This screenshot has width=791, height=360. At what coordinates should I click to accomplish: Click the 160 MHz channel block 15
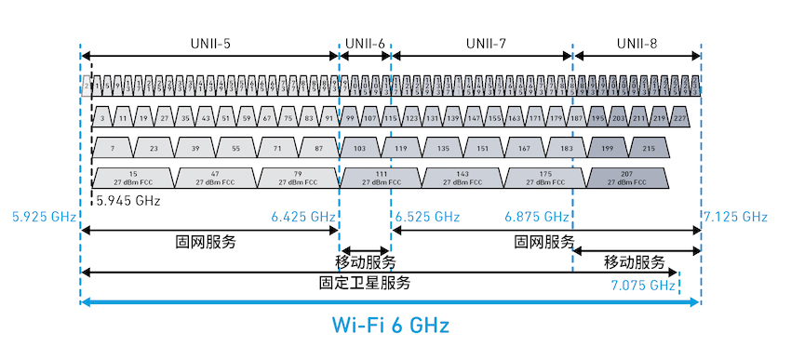tap(133, 177)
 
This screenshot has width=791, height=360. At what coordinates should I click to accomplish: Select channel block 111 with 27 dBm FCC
tap(382, 177)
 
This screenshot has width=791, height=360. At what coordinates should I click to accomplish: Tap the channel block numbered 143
tap(464, 177)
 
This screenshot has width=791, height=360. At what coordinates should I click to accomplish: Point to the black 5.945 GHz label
tap(127, 200)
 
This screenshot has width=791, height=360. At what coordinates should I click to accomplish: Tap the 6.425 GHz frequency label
tap(302, 217)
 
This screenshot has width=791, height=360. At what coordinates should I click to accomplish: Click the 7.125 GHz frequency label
tap(736, 217)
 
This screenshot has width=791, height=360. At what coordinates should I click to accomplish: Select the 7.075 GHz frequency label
tap(643, 285)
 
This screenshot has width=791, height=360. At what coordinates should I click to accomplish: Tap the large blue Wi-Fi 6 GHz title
tap(391, 326)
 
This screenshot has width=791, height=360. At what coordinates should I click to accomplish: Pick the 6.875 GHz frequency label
tap(536, 217)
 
